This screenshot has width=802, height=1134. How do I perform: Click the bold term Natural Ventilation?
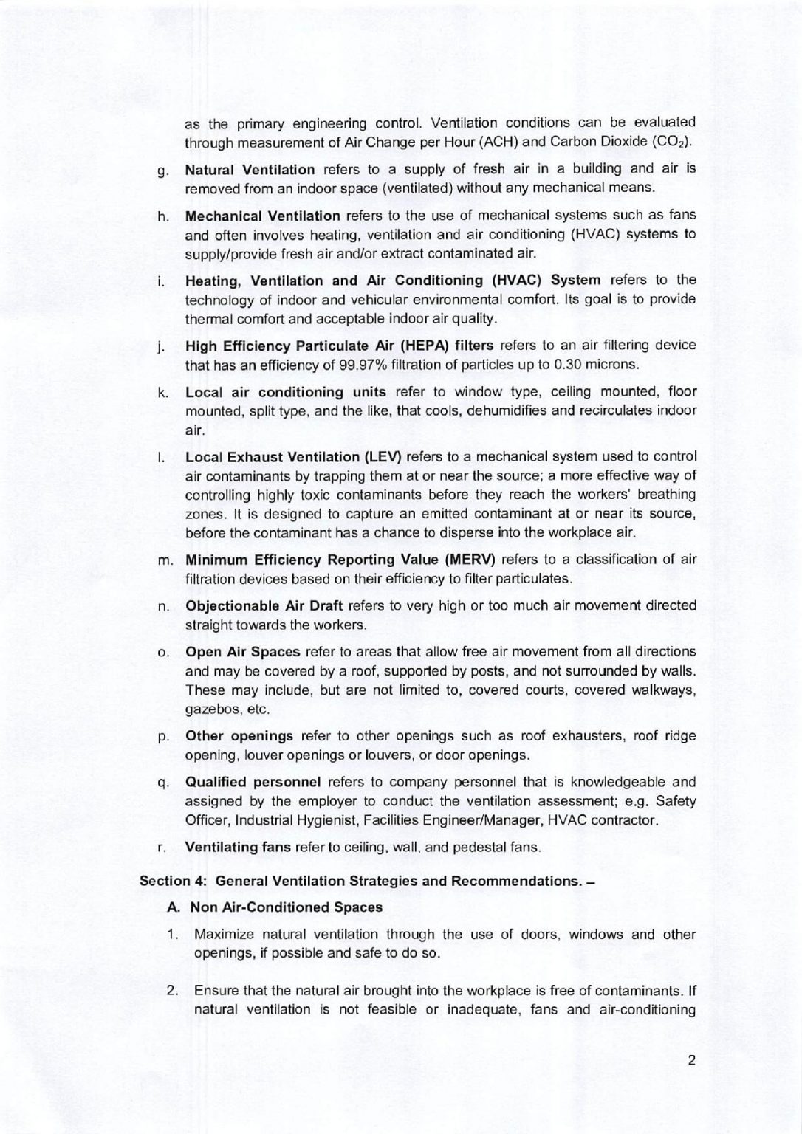[x=250, y=170]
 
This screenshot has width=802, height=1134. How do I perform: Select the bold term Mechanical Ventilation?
[x=262, y=216]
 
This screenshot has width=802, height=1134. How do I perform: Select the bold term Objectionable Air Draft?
[x=264, y=605]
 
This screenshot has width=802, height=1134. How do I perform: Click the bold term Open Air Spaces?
[x=242, y=652]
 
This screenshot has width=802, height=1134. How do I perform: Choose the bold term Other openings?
[x=239, y=736]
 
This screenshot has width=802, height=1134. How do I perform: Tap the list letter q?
[x=160, y=783]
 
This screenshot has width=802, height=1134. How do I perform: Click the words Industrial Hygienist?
[x=294, y=820]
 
